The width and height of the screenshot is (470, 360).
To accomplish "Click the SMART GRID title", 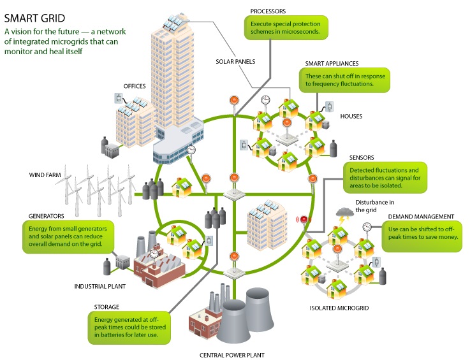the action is pyautogui.click(x=34, y=18).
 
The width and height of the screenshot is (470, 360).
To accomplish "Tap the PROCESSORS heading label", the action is pyautogui.click(x=268, y=11).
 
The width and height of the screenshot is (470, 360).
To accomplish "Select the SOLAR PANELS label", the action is pyautogui.click(x=235, y=62).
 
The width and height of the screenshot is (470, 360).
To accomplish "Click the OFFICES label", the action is pyautogui.click(x=135, y=86).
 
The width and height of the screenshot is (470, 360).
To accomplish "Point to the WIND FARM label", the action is pyautogui.click(x=45, y=175).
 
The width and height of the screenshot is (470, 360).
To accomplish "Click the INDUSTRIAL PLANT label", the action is pyautogui.click(x=100, y=286).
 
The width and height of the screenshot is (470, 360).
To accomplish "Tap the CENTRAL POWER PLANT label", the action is pyautogui.click(x=232, y=355).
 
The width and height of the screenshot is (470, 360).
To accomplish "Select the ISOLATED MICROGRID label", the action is pyautogui.click(x=339, y=308).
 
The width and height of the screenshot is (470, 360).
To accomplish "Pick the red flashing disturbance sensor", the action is pyautogui.click(x=304, y=220).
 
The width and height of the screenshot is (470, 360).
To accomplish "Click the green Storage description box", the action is pyautogui.click(x=129, y=328).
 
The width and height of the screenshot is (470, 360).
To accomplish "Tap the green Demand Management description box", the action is pyautogui.click(x=422, y=236).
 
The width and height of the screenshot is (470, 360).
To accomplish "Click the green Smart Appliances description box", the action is pyautogui.click(x=345, y=80).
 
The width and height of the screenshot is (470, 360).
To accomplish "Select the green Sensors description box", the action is pyautogui.click(x=385, y=178).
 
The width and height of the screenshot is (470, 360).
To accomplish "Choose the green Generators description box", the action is pyautogui.click(x=68, y=237).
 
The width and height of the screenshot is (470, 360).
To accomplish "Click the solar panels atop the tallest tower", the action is pyautogui.click(x=175, y=22).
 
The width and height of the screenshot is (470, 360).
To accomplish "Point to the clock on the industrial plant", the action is pyautogui.click(x=154, y=254).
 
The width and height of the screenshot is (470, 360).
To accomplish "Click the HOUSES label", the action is pyautogui.click(x=351, y=116).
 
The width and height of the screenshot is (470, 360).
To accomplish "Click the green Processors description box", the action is pyautogui.click(x=286, y=27).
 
